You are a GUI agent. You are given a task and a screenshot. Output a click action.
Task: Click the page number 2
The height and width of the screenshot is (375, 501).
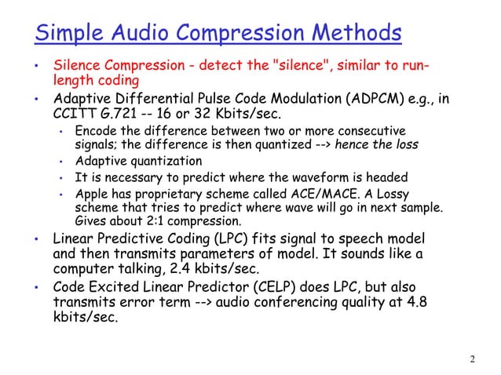pyautogui.click(x=472, y=360)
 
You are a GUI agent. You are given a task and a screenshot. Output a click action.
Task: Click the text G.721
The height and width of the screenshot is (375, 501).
pyautogui.click(x=112, y=115)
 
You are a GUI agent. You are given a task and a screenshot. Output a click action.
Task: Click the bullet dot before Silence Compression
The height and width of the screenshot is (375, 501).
pyautogui.click(x=35, y=66)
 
